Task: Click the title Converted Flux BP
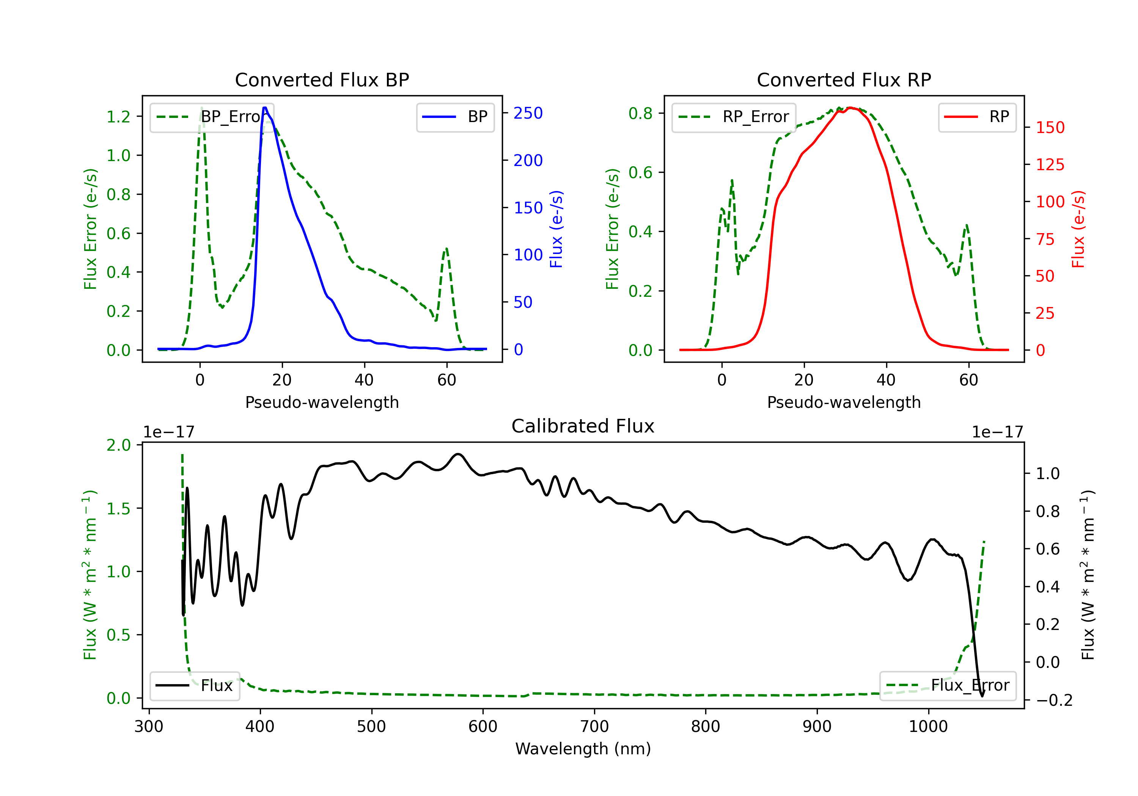point(322,80)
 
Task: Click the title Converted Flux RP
point(844,80)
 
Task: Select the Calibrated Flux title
point(583,426)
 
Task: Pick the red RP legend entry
point(976,117)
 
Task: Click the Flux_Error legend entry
point(947,686)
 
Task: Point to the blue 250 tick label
point(528,113)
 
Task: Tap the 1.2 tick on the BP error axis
point(118,117)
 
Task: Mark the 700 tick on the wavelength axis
point(594,727)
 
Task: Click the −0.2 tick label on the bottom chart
point(1054,700)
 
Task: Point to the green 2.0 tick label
point(118,445)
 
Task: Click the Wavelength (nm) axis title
point(583,749)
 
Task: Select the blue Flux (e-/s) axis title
point(556,229)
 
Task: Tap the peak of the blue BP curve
point(265,108)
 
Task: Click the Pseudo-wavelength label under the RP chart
point(844,402)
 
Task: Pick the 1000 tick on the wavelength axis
point(928,727)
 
